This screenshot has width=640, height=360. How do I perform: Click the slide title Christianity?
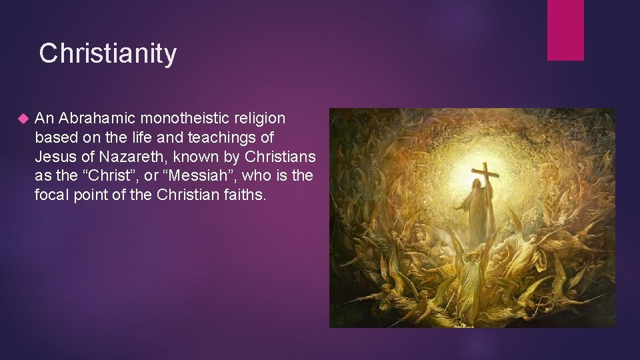[x=108, y=53]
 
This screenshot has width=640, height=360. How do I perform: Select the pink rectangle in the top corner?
[x=565, y=30]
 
